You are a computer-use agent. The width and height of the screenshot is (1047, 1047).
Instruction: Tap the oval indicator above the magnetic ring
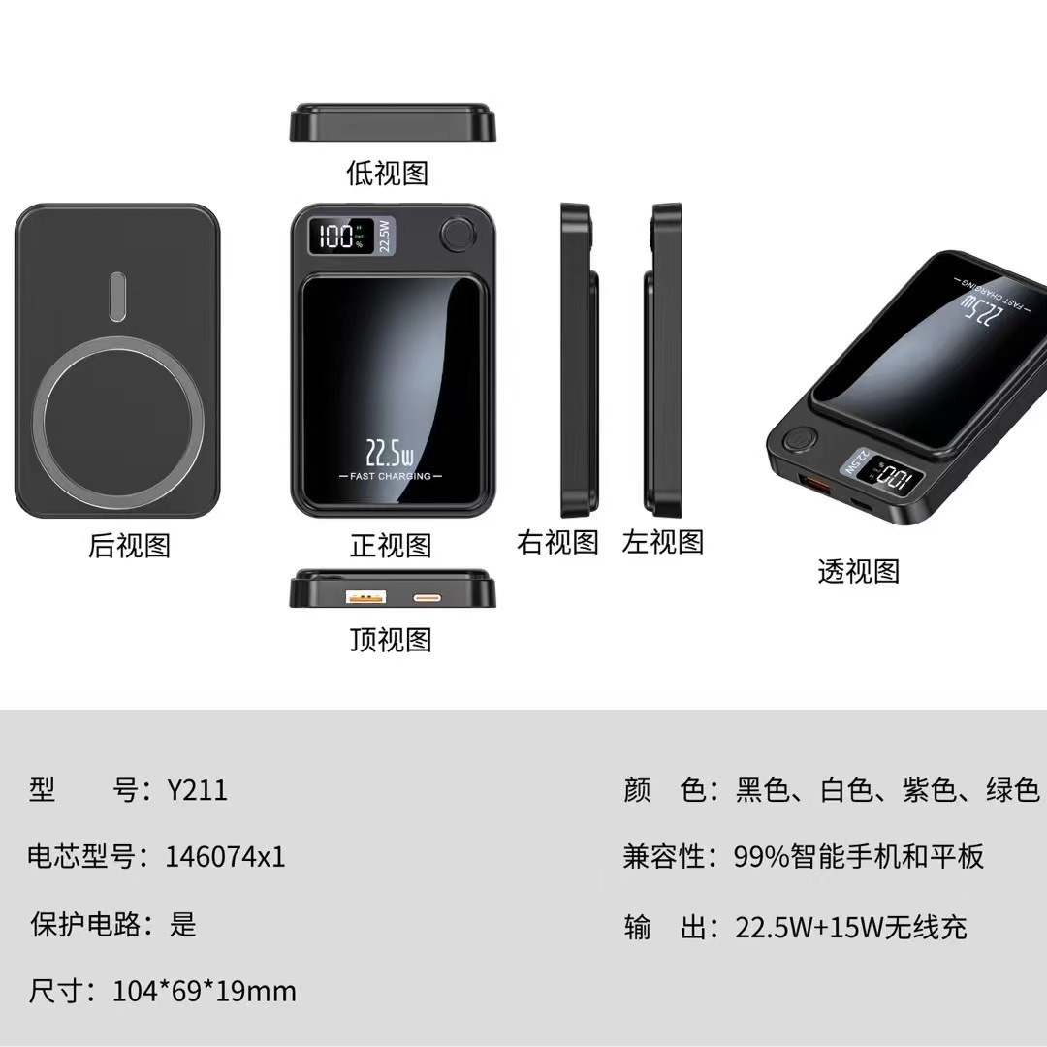(117, 297)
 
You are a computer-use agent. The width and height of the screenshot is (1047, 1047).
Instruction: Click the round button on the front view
(456, 235)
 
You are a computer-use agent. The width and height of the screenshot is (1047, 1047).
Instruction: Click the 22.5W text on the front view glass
(390, 453)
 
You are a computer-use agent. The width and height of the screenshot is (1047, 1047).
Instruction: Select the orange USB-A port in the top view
(366, 596)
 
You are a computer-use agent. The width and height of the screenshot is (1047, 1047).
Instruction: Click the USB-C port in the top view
(428, 597)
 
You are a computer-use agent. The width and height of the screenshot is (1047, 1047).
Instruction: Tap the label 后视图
(129, 546)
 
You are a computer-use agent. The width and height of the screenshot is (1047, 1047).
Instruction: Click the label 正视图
(391, 546)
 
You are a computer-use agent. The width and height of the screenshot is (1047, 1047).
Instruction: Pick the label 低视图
(388, 174)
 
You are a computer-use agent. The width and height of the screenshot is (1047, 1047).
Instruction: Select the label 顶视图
(391, 639)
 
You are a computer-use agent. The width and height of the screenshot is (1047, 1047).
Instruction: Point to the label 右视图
(557, 542)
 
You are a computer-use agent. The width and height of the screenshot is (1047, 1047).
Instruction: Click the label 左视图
(663, 542)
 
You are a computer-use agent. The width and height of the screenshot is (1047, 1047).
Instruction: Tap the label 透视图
(858, 572)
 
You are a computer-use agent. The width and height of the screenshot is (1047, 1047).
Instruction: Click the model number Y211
(197, 790)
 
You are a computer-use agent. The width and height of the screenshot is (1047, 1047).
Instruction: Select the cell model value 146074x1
(225, 857)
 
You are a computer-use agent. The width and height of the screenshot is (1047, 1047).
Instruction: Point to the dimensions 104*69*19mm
(204, 991)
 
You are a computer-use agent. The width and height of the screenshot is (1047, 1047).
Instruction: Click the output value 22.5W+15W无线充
(850, 928)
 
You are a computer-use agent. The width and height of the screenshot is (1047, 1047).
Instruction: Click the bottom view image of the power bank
(393, 122)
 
